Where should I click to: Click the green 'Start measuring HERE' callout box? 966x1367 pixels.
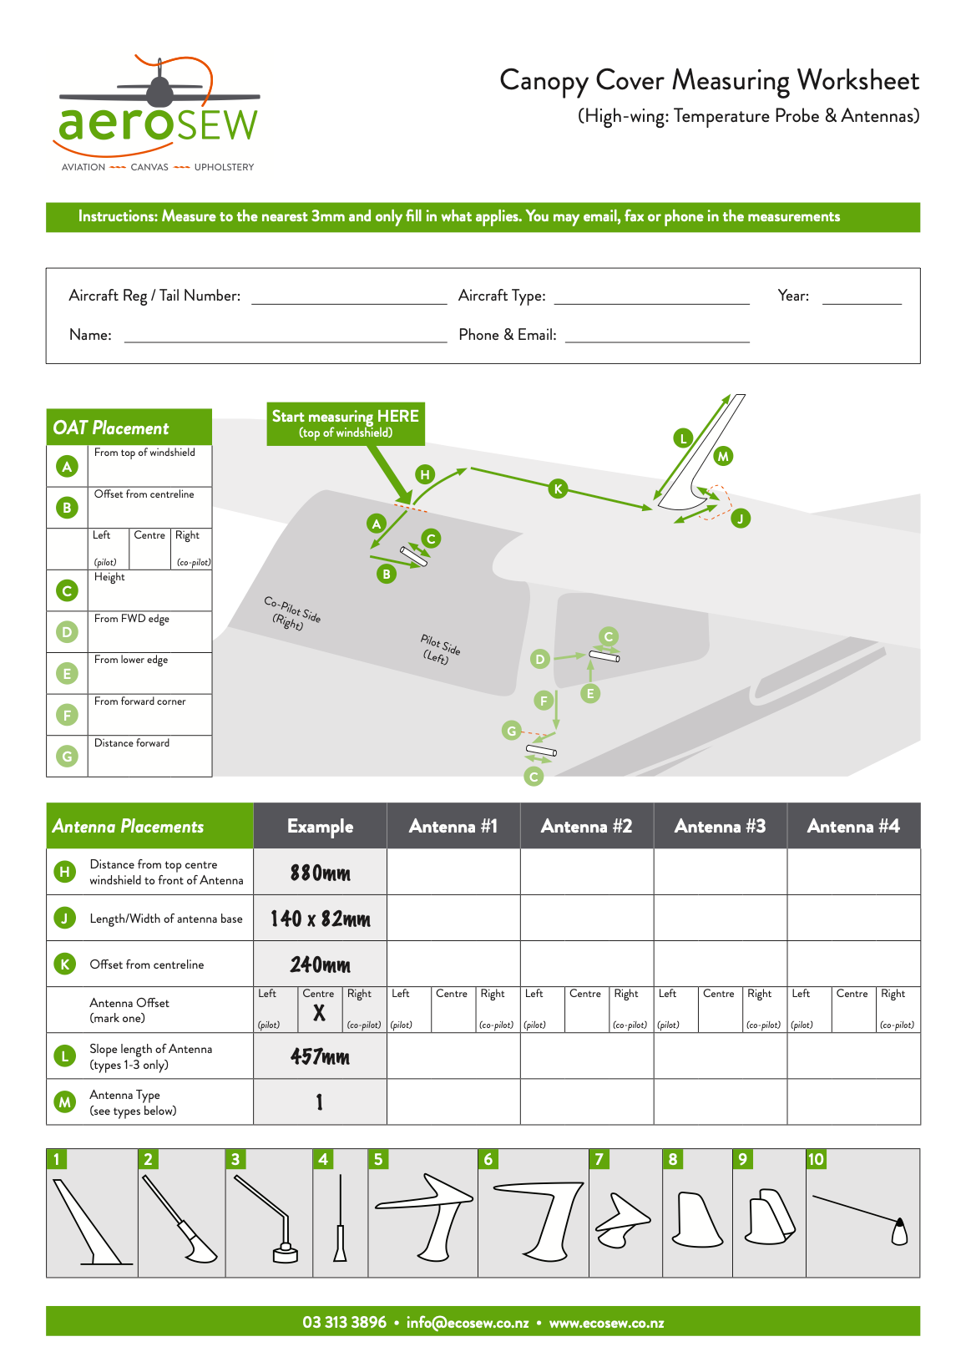[x=346, y=423]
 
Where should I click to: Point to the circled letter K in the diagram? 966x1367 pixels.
[x=558, y=489]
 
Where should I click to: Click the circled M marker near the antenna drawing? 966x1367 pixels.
[x=723, y=456]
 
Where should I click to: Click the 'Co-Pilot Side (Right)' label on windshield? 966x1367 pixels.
[x=291, y=613]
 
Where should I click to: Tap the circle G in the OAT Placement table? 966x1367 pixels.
[x=67, y=757]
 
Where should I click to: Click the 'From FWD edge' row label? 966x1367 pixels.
[x=131, y=619]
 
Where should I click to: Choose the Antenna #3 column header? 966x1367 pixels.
[x=720, y=827]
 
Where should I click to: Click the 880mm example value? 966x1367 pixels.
[x=320, y=873]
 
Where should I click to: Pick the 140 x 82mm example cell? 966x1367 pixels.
[x=320, y=919]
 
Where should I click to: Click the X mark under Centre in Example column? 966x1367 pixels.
[x=319, y=1014]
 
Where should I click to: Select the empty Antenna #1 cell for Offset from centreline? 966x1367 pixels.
[x=453, y=964]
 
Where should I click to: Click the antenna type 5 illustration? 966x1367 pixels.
[x=424, y=1216]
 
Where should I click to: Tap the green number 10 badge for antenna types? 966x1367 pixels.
[x=816, y=1159]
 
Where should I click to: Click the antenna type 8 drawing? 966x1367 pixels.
[x=697, y=1219]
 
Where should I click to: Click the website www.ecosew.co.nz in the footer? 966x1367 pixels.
[x=606, y=1324]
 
